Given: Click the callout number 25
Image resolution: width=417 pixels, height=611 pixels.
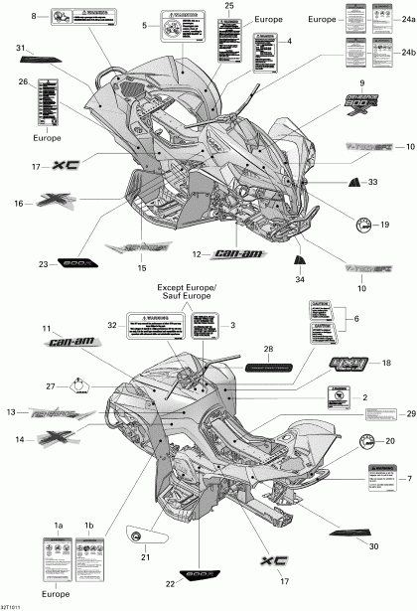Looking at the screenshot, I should tap(229, 6).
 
